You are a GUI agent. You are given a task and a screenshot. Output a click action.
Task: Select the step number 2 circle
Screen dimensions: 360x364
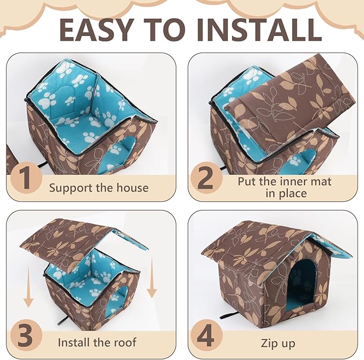(x=205, y=180)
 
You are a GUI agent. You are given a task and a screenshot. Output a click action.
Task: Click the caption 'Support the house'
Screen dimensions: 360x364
(x=99, y=188)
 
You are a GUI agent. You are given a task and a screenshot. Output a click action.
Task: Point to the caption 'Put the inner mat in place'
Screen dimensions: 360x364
(x=285, y=187)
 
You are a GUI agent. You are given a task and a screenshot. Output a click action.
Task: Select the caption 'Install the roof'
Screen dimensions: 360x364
(x=97, y=342)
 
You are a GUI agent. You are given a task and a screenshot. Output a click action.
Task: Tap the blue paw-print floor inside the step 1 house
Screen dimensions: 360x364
(x=80, y=129)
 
